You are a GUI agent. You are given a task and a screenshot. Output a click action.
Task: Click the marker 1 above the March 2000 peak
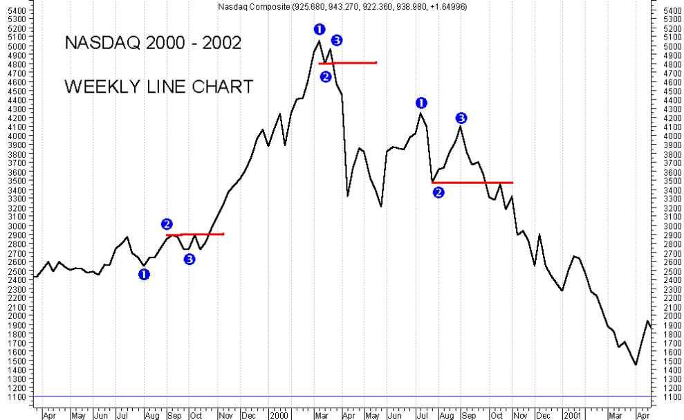[x=319, y=29]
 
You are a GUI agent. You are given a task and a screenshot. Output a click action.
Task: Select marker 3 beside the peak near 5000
[x=337, y=40]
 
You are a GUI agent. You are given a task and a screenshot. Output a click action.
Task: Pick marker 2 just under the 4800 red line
[x=326, y=77]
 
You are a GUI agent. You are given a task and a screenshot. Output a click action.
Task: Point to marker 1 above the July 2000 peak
[x=421, y=103]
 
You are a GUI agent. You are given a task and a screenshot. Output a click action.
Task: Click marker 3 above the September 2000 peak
[x=461, y=118]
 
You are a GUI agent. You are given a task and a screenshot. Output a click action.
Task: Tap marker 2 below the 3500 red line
[x=438, y=192]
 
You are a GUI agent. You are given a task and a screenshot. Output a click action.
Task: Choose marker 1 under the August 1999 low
[x=144, y=275]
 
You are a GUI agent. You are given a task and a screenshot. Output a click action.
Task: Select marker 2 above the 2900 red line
[x=167, y=223]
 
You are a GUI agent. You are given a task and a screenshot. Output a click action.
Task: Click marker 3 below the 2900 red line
[x=190, y=259]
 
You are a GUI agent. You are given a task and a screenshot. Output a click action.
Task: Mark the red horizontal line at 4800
[x=347, y=63]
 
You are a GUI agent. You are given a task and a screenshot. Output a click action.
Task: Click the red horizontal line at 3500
[x=472, y=183]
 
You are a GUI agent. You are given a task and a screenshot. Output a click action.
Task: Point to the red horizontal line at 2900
[x=195, y=235]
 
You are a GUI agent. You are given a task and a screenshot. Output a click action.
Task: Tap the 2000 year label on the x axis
[x=279, y=415]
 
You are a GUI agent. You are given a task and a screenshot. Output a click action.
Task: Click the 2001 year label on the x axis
[x=572, y=415]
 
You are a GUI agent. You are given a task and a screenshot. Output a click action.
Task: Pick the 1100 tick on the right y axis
[x=672, y=397]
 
